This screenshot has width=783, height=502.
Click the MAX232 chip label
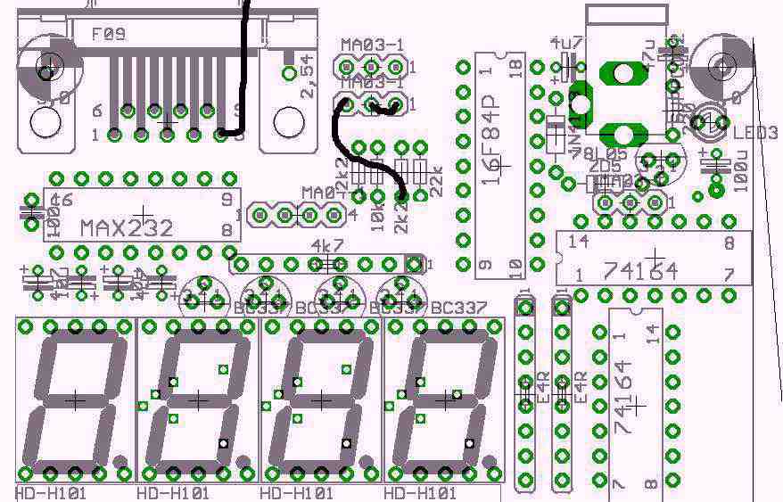tap(126, 228)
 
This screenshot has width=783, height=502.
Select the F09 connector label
tap(109, 35)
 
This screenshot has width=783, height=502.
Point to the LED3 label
tap(755, 132)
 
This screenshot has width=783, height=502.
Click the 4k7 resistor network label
tap(327, 247)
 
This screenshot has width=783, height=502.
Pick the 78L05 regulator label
tap(606, 153)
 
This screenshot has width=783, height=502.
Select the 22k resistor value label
tap(436, 184)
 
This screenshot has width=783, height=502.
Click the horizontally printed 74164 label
tap(640, 271)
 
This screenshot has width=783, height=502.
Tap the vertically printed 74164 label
tap(623, 396)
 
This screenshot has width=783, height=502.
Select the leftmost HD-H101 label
tap(50, 493)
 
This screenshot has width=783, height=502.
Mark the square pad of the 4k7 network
tap(413, 264)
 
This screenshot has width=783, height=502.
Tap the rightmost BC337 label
tap(458, 308)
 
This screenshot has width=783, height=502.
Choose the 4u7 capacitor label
tap(565, 43)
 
